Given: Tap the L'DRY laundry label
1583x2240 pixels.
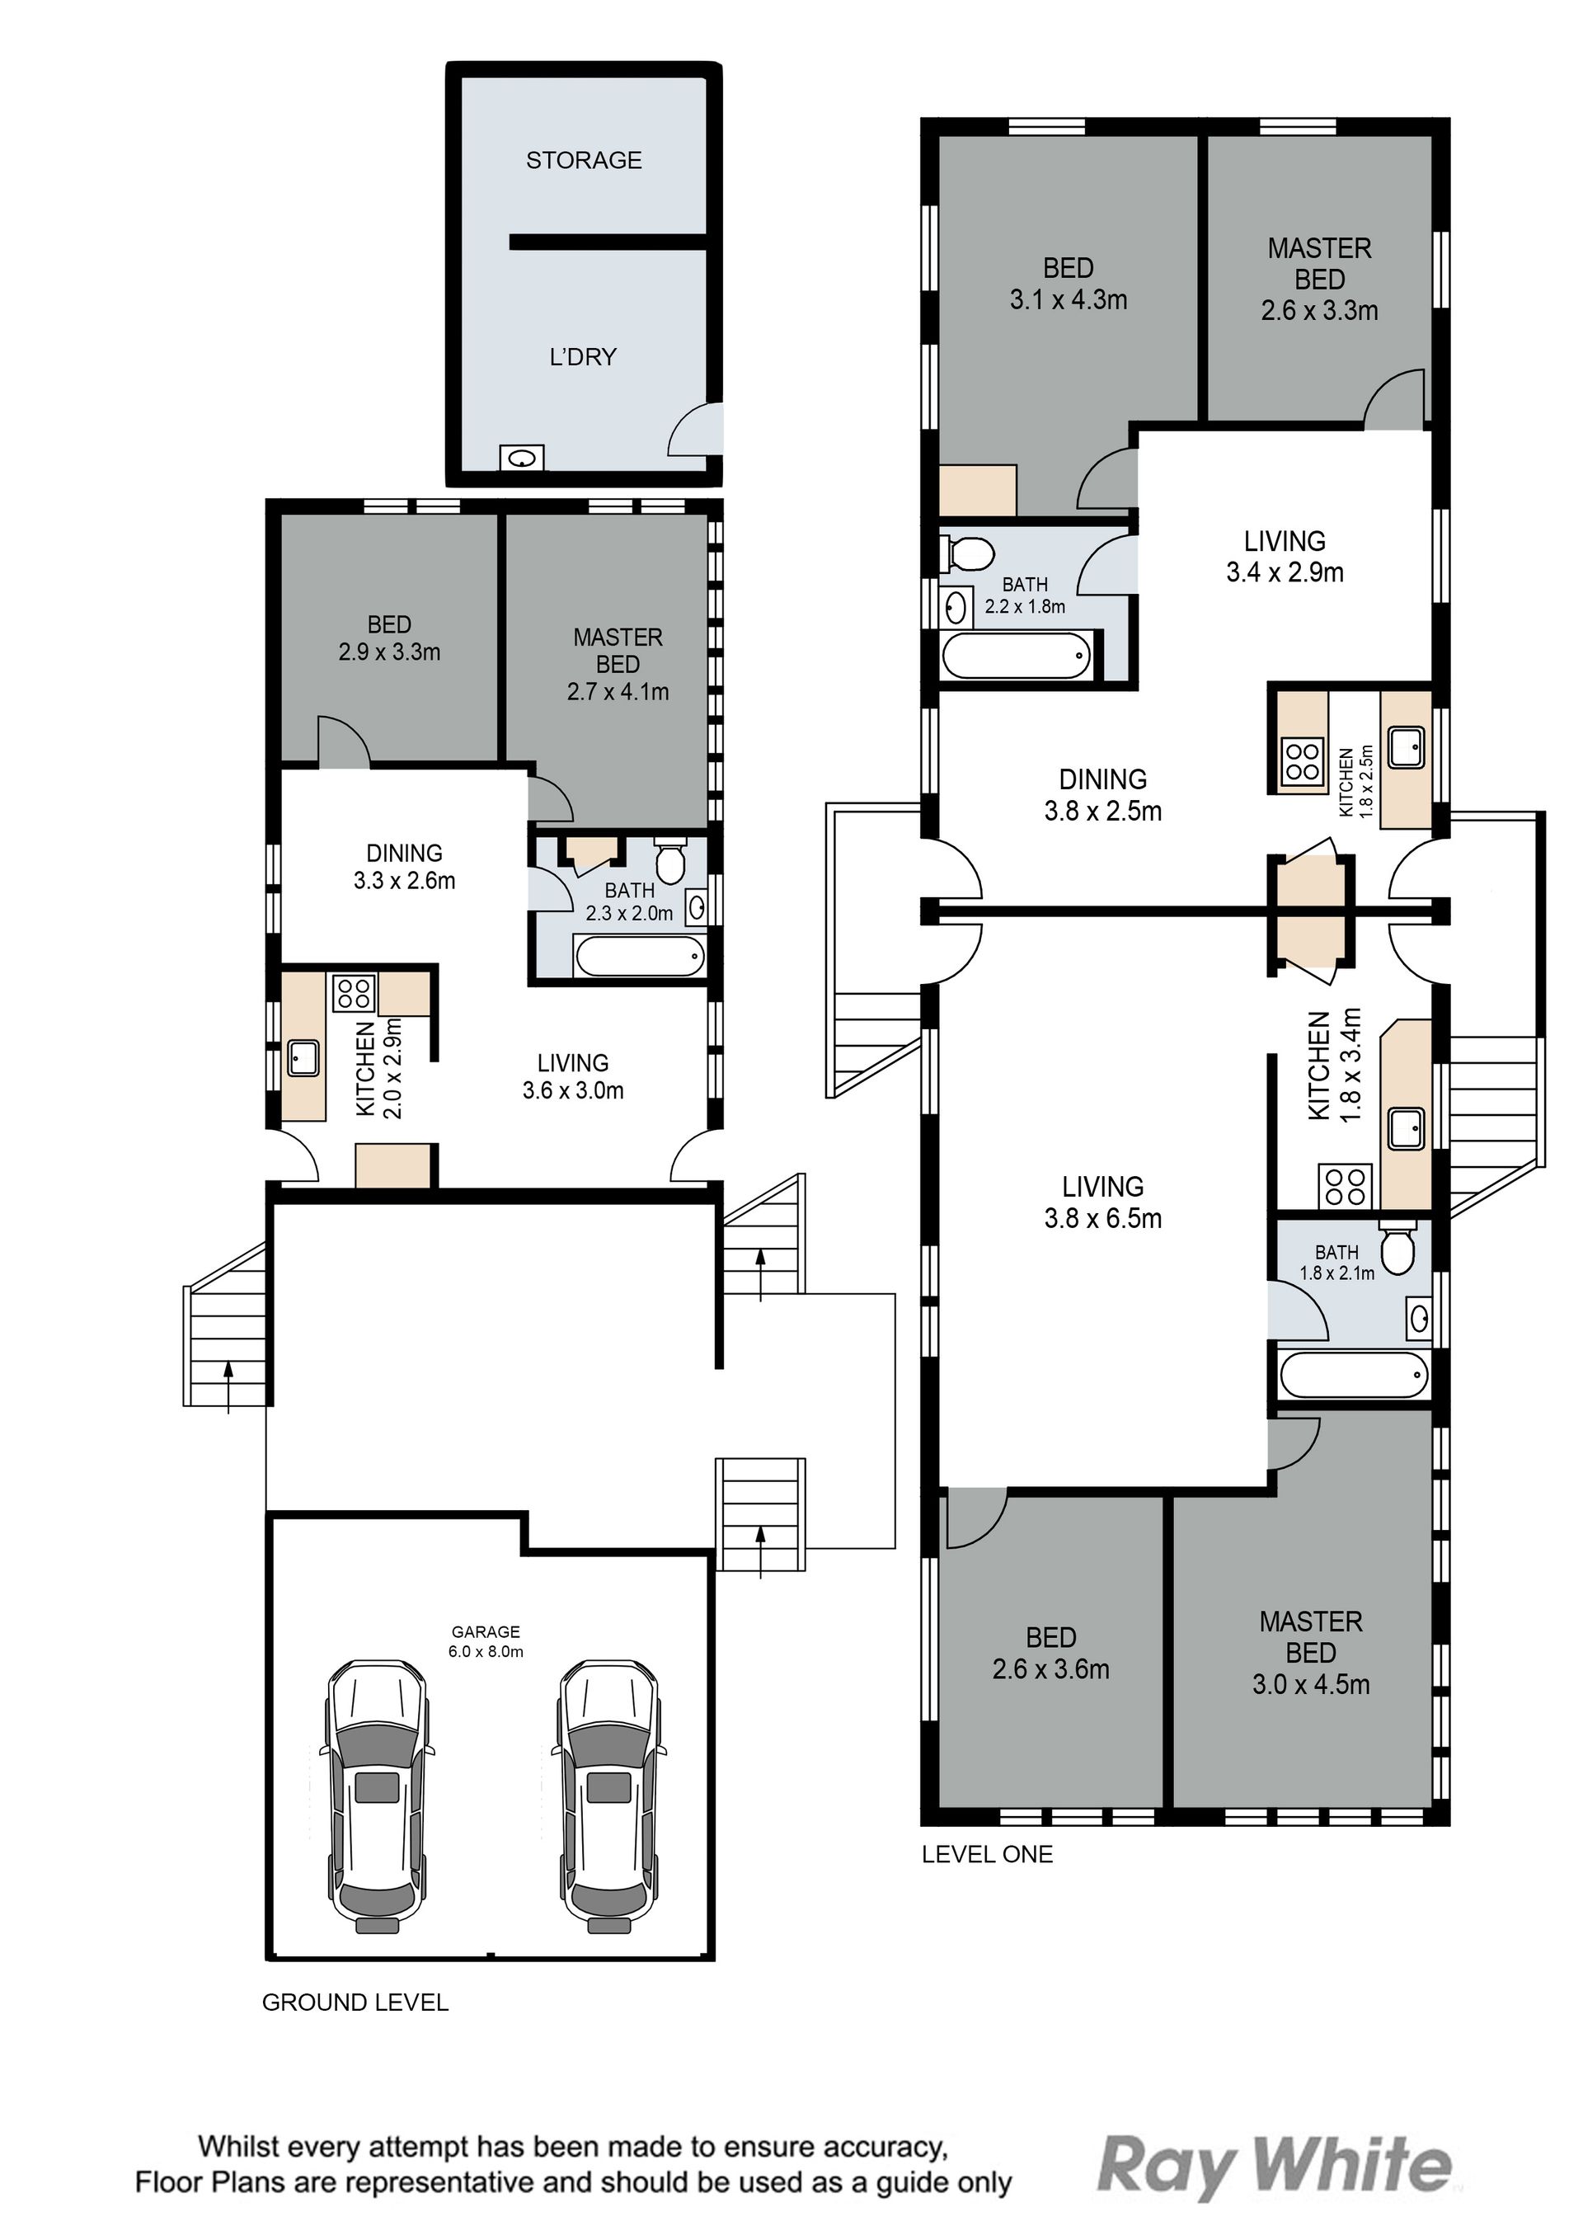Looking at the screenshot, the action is [583, 357].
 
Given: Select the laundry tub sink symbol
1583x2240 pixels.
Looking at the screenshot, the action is [522, 458].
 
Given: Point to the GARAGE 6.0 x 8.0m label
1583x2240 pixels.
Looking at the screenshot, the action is [486, 1641].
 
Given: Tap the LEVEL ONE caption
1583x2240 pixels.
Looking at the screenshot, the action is [987, 1854].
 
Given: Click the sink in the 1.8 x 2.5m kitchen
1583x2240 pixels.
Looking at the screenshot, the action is [1406, 747].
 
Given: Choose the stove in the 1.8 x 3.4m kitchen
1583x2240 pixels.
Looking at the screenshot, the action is [1345, 1185].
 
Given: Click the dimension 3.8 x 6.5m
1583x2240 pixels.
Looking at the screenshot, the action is [1103, 1218].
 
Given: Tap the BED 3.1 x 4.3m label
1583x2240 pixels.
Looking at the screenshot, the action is [1068, 284].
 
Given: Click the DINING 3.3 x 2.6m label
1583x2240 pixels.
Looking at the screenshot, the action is [404, 866].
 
